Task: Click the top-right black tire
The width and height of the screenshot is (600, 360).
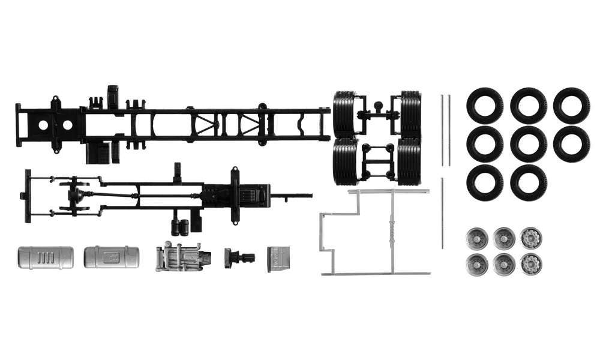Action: coord(571,106)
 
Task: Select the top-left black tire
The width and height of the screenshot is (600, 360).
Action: coord(484,106)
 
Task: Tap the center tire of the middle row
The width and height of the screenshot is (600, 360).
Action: coord(528,144)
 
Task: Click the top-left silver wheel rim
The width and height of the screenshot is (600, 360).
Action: coord(478,238)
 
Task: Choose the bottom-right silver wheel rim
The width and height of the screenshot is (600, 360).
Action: coord(531,263)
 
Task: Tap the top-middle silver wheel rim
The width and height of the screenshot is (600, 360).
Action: coord(504,238)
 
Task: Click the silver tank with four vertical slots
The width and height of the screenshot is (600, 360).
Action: coord(46,257)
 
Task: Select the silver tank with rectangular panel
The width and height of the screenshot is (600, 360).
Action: coord(111,257)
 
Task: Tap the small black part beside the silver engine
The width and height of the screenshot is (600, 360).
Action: coord(238,258)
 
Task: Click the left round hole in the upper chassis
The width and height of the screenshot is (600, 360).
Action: coord(44,125)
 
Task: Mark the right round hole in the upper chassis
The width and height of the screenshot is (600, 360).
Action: coord(67,125)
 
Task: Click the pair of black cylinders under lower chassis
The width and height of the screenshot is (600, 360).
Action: coord(180,227)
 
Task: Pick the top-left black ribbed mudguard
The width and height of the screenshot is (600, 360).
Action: coord(344,113)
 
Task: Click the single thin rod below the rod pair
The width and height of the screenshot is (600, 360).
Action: coord(442,212)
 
